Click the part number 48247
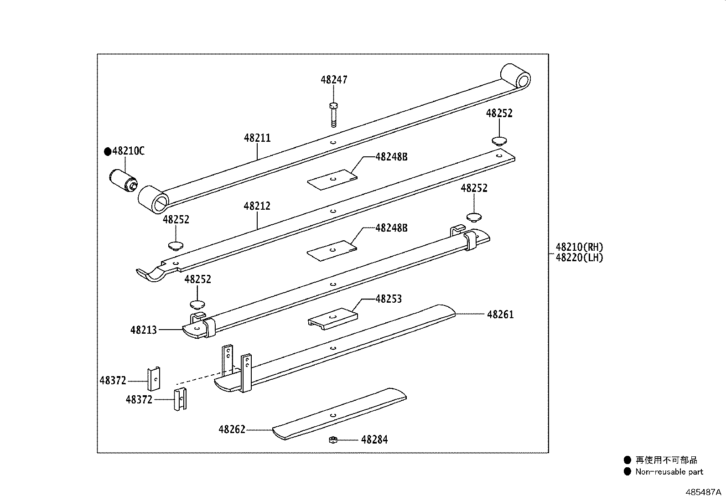[x=334, y=80]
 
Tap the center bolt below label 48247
[x=333, y=114]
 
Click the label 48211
[x=257, y=138]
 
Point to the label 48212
[x=257, y=206]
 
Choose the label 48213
[x=144, y=330]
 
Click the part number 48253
[x=389, y=299]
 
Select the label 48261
[x=500, y=314]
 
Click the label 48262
[x=232, y=429]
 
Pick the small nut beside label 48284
[x=333, y=439]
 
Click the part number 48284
[x=374, y=440]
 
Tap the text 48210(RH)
[x=579, y=247]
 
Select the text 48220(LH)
[x=579, y=258]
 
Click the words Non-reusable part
[x=669, y=472]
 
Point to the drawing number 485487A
[x=703, y=493]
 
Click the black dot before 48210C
[x=108, y=152]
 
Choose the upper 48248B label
[x=391, y=157]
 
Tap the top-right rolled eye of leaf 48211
[x=516, y=76]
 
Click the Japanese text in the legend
[x=666, y=460]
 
